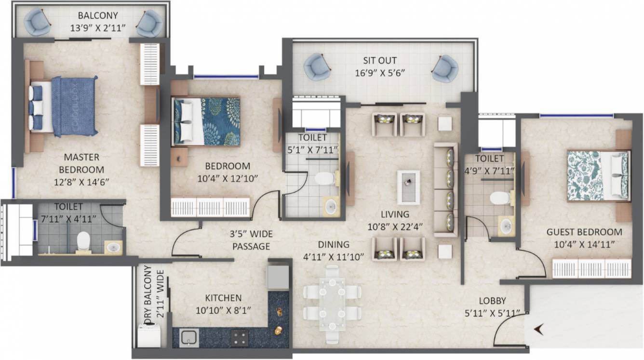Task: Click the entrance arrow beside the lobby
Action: [539, 330]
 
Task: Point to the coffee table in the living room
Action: [408, 187]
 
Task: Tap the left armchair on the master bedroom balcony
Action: [37, 23]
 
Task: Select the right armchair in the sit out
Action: [444, 68]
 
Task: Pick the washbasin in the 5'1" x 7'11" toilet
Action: [330, 206]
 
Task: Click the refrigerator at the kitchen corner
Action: [278, 277]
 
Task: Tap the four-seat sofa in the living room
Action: [446, 189]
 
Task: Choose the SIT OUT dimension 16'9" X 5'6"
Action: [380, 73]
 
